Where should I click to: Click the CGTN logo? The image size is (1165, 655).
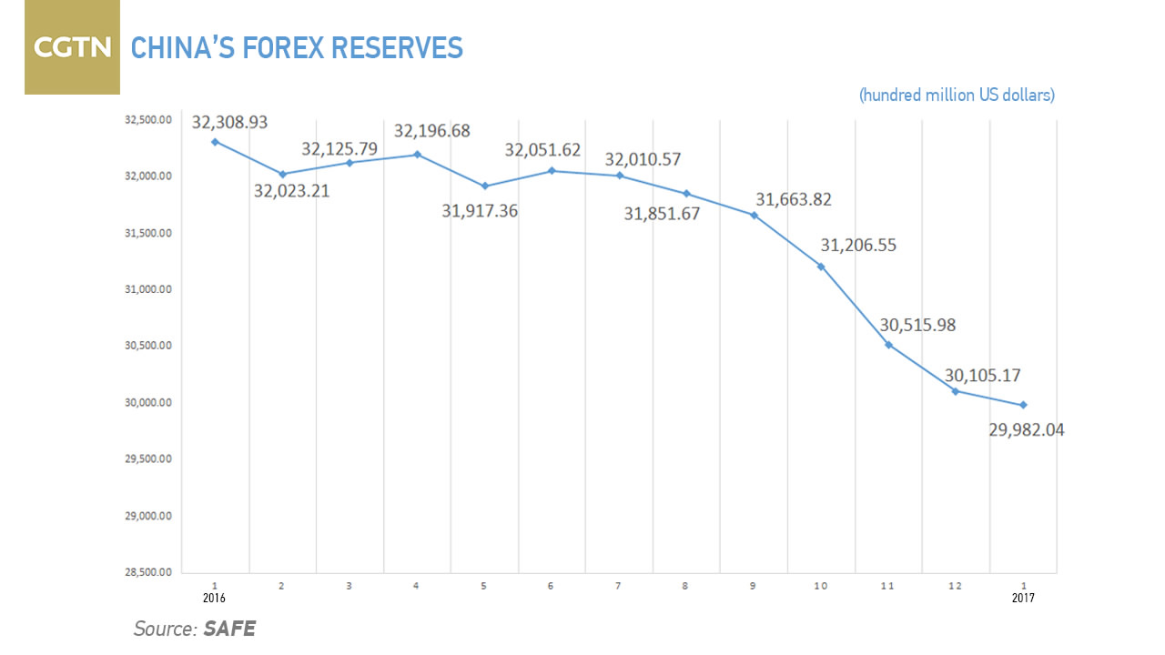(72, 47)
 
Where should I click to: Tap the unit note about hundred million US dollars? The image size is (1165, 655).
(957, 96)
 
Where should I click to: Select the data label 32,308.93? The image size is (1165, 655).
(229, 121)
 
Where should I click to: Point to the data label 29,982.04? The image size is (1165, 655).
(1026, 430)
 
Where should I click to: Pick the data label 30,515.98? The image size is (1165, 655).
(917, 325)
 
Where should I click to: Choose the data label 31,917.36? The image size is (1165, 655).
(480, 211)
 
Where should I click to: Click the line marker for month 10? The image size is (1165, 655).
(821, 267)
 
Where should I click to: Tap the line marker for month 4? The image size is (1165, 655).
(417, 155)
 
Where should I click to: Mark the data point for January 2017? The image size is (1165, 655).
(1023, 405)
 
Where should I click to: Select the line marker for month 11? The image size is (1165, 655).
(888, 345)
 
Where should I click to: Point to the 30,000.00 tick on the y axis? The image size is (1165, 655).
(147, 403)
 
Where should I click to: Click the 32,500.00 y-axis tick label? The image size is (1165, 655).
(147, 119)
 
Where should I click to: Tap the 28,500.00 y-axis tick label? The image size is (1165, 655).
(147, 573)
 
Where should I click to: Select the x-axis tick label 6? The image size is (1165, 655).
(552, 585)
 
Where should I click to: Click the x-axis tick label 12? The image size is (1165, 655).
(956, 585)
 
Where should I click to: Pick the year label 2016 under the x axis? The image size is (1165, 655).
(214, 599)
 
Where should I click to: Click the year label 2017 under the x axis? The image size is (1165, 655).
(1023, 599)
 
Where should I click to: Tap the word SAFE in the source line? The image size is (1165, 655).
(229, 628)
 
